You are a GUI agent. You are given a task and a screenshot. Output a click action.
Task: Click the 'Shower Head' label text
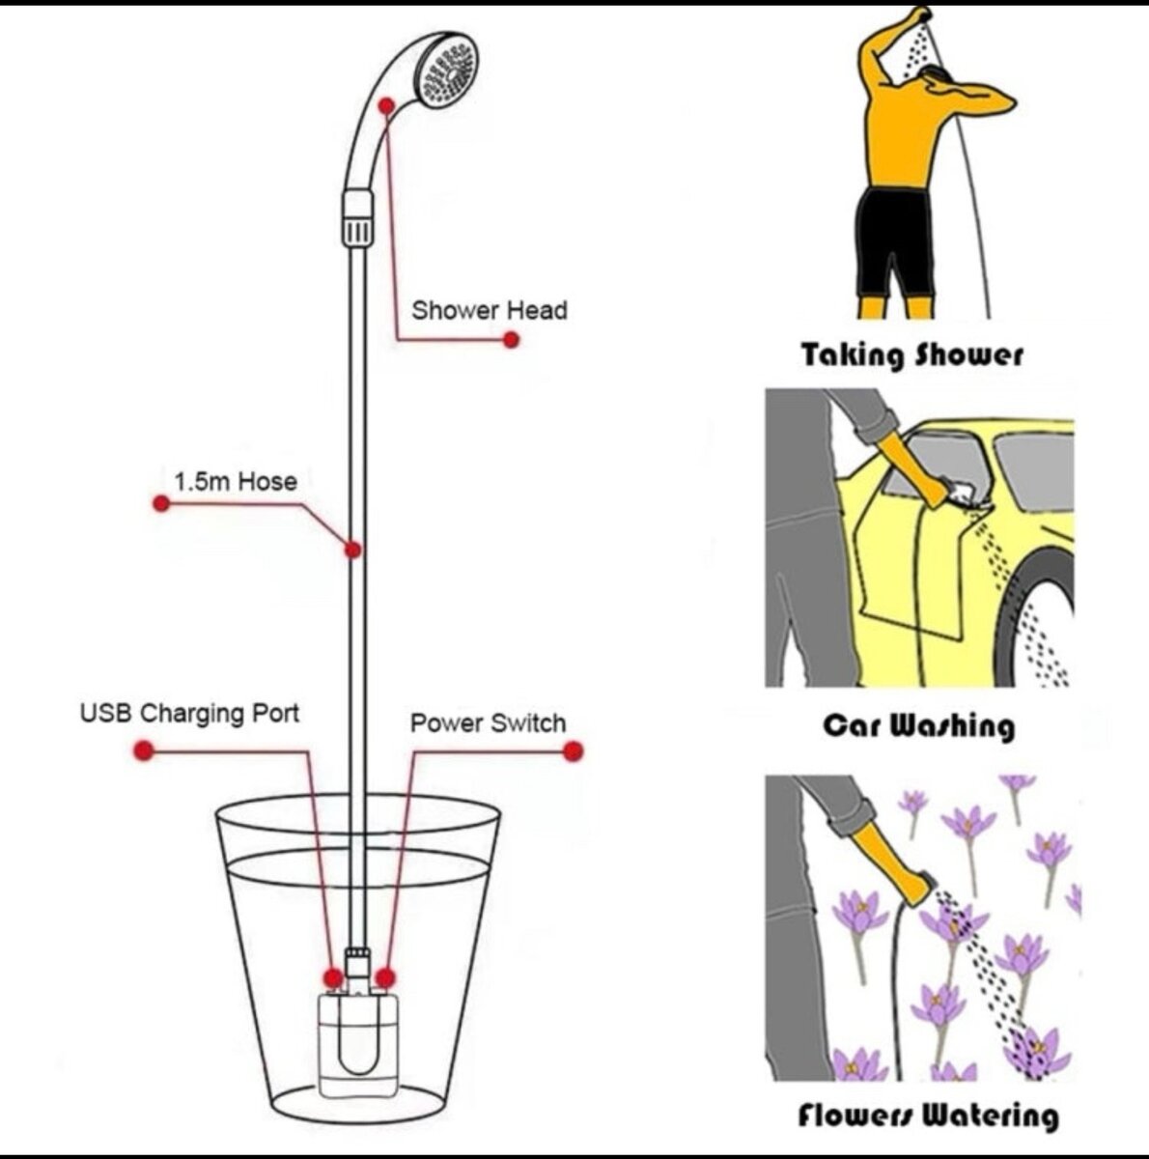(x=489, y=311)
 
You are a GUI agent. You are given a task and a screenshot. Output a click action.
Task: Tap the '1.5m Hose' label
(x=236, y=481)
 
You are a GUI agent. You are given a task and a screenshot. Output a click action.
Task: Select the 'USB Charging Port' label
(x=189, y=714)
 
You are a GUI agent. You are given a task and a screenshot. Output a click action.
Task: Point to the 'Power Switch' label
(x=488, y=723)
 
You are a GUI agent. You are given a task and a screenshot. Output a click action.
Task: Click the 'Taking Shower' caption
(x=911, y=354)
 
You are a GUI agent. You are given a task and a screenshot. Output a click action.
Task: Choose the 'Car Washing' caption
(x=918, y=724)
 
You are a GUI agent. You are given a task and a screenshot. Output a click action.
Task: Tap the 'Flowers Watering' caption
(x=927, y=1117)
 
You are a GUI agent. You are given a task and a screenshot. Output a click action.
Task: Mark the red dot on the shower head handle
(x=387, y=105)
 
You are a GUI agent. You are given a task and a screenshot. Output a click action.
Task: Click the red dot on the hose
(x=353, y=550)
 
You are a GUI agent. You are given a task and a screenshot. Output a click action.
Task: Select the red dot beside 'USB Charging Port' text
(x=144, y=750)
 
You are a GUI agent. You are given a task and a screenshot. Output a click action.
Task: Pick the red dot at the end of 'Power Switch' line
(x=574, y=750)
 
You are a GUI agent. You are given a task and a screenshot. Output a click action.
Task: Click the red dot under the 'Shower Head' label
(x=511, y=339)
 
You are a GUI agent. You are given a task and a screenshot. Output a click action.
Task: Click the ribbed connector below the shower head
(x=357, y=218)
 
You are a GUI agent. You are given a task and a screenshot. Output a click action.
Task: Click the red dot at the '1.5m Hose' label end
(x=161, y=503)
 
